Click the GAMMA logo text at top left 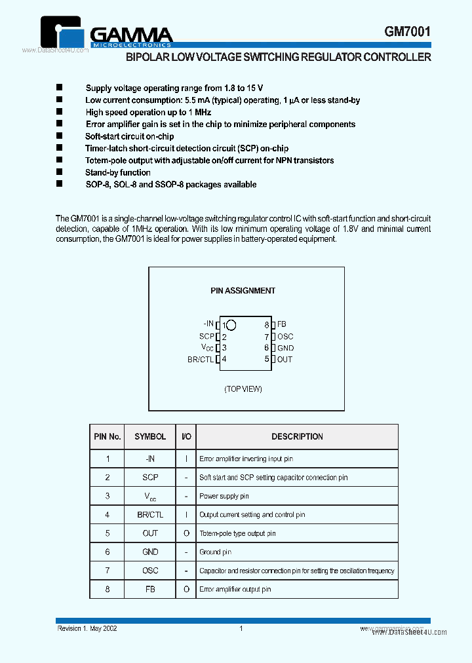coord(130,34)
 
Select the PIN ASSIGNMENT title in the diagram coord(243,291)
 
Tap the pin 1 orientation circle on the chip coord(231,324)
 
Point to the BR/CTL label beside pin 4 coord(201,359)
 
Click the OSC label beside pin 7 coord(285,336)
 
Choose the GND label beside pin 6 coord(285,348)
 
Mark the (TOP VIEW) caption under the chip coord(243,389)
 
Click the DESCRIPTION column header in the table coord(297,436)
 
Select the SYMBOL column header coord(150,436)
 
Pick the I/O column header coord(186,436)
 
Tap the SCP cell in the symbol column coord(150,478)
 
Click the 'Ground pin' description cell coord(215,552)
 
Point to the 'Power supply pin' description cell coord(224,497)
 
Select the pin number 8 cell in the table coord(108,590)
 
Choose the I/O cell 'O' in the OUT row coord(186,533)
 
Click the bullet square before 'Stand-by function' coord(58,172)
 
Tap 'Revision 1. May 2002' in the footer coord(87,629)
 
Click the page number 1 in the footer coord(241,629)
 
